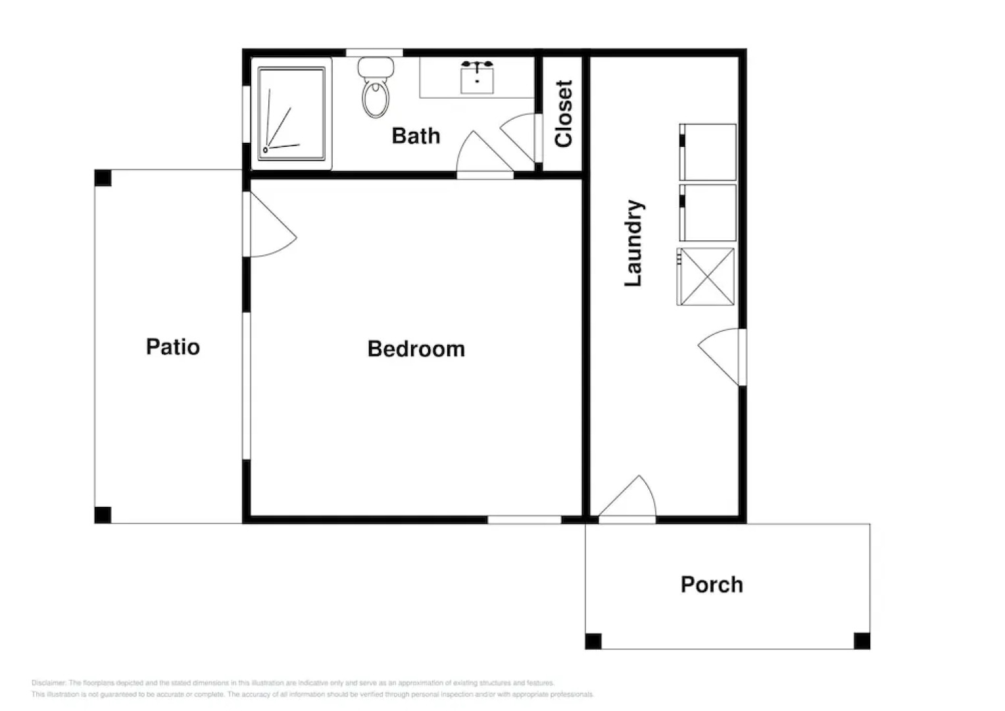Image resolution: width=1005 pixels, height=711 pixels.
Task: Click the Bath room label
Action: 416,136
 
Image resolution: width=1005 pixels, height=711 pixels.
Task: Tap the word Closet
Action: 564,113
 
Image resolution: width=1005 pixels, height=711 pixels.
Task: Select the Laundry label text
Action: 633,244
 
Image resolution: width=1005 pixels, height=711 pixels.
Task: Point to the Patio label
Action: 173,347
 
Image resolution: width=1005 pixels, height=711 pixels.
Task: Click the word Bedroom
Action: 416,349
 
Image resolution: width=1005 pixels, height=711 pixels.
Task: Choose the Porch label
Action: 712,585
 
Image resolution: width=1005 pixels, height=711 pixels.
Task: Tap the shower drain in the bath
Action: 266,150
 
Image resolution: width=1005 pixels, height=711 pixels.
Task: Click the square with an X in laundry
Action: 706,276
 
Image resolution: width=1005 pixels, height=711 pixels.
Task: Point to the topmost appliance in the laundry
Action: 708,151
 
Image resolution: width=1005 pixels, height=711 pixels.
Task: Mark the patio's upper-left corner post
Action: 103,178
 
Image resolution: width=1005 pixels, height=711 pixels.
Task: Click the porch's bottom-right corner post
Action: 862,641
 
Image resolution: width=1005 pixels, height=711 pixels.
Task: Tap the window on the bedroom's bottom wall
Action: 524,520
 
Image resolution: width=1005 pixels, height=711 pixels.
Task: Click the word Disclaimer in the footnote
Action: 49,683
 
